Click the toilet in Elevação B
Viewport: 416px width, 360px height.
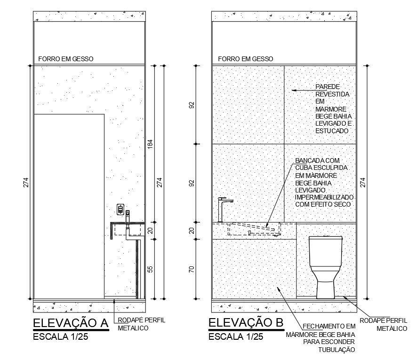pyautogui.click(x=326, y=267)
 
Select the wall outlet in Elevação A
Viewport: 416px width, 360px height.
pyautogui.click(x=120, y=209)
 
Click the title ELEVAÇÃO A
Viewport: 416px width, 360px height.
pyautogui.click(x=71, y=323)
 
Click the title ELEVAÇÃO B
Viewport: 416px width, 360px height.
pyautogui.click(x=246, y=323)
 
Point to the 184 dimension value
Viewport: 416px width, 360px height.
pyautogui.click(x=150, y=144)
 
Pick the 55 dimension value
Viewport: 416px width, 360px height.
pyautogui.click(x=150, y=269)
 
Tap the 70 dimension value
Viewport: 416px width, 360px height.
pyautogui.click(x=192, y=269)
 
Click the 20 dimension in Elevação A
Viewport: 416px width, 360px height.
pyautogui.click(x=151, y=231)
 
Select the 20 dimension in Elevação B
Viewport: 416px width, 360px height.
pyautogui.click(x=192, y=231)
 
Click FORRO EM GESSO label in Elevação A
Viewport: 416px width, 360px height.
pyautogui.click(x=66, y=59)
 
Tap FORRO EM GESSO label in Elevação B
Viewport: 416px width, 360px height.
pyautogui.click(x=245, y=59)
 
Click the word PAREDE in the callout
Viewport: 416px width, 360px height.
pyautogui.click(x=328, y=87)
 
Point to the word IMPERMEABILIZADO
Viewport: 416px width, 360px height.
pyautogui.click(x=324, y=197)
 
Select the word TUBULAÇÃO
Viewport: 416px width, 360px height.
pyautogui.click(x=336, y=350)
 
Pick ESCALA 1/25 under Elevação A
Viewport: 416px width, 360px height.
pyautogui.click(x=61, y=336)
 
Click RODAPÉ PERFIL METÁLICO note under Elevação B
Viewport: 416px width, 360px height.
pyautogui.click(x=383, y=324)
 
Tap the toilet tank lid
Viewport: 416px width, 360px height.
pyautogui.click(x=326, y=237)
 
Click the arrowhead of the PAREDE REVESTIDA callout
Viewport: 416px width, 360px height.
pyautogui.click(x=294, y=90)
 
